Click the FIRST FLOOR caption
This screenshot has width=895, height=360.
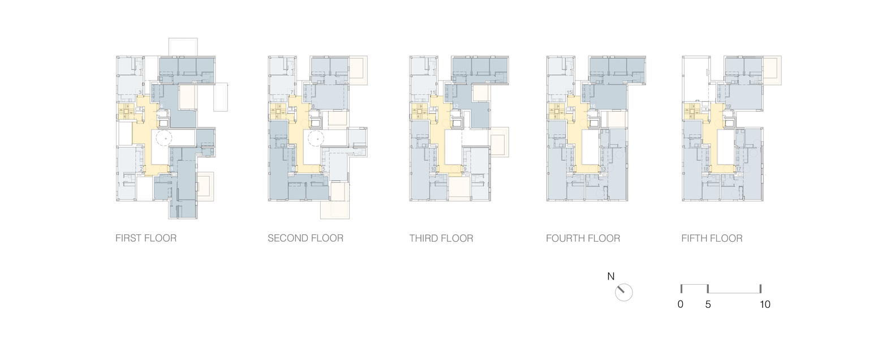click(146, 238)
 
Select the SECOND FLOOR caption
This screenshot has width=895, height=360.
click(305, 238)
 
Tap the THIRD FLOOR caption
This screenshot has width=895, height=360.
click(441, 238)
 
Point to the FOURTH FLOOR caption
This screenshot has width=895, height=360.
click(583, 238)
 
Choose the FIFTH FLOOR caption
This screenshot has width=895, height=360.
click(712, 238)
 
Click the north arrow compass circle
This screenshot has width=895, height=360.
click(623, 293)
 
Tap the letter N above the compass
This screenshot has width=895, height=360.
click(611, 277)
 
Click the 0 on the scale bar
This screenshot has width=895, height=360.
click(680, 305)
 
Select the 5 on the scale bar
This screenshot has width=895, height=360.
click(708, 305)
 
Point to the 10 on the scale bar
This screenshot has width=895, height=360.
click(765, 305)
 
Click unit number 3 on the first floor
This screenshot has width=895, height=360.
click(140, 92)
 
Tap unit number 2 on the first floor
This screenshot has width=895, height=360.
click(141, 169)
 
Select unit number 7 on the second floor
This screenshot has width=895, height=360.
click(291, 92)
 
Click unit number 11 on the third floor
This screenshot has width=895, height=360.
click(433, 92)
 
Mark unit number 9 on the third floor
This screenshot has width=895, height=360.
click(464, 169)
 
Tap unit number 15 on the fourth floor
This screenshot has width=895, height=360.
click(570, 92)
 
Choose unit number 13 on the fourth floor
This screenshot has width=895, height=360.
click(603, 169)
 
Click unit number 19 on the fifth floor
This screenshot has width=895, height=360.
click(728, 106)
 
